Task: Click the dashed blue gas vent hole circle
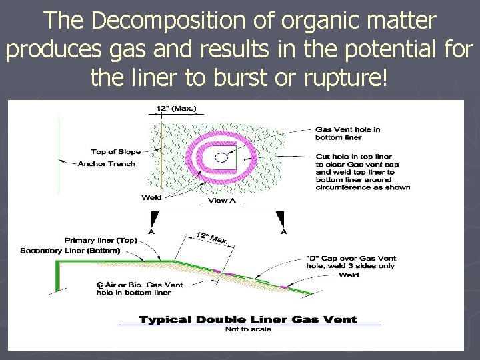click(x=221, y=158)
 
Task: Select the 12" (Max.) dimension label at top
click(x=176, y=109)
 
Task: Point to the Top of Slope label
click(x=116, y=152)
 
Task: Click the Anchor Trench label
click(x=107, y=163)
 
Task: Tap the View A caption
click(x=222, y=200)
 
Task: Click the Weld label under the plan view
click(x=151, y=197)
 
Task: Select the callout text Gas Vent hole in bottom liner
click(x=347, y=133)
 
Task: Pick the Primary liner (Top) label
click(x=101, y=240)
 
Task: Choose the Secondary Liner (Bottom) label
click(x=70, y=251)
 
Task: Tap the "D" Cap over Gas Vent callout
click(x=360, y=261)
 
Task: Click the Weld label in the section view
click(x=349, y=275)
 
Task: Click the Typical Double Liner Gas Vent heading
click(x=248, y=319)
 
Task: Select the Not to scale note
click(x=247, y=329)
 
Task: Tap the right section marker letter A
click(x=284, y=232)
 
